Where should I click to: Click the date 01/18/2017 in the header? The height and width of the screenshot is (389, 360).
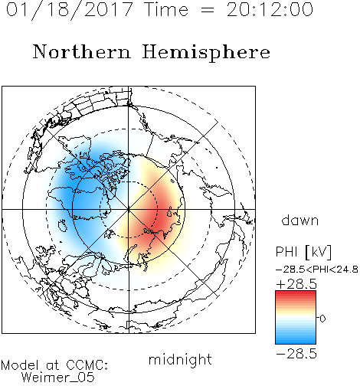[70, 10]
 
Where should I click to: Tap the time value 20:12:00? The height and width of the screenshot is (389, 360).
[270, 10]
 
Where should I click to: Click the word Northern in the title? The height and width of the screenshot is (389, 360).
[82, 51]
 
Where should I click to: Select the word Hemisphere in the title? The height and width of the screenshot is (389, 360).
[206, 53]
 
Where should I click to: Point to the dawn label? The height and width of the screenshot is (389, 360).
[300, 220]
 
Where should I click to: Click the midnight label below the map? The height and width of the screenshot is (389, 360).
[180, 359]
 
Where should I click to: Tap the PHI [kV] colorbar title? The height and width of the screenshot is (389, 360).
[303, 252]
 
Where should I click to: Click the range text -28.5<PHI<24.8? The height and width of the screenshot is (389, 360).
[317, 270]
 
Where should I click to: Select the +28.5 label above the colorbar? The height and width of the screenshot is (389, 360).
[296, 284]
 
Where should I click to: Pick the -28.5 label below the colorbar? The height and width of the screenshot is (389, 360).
[296, 354]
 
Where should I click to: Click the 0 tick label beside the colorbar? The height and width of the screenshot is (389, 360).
[322, 319]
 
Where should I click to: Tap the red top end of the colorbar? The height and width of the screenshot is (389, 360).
[296, 293]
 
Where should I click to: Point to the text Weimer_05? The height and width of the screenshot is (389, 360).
[58, 377]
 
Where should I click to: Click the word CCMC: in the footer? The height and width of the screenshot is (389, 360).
[87, 365]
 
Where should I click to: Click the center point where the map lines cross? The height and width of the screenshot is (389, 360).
[129, 209]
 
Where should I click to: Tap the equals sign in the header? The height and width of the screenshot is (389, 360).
[207, 10]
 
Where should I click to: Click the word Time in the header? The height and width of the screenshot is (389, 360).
[166, 10]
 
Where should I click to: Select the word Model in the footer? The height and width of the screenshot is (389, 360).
[20, 365]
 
